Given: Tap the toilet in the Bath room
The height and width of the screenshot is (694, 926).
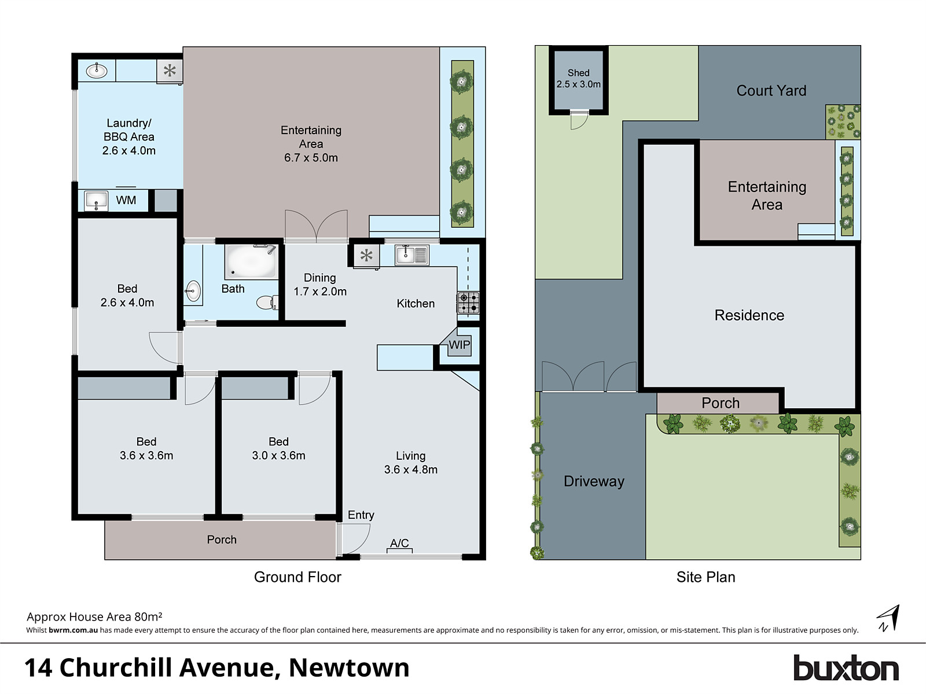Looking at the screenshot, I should (x=268, y=302).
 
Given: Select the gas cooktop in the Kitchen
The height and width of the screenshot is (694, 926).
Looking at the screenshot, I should (x=468, y=302).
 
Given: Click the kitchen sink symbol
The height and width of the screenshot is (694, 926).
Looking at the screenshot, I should (x=412, y=254).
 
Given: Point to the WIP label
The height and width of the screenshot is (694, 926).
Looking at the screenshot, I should (x=460, y=345).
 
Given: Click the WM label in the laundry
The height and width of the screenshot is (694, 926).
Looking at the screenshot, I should (x=126, y=201).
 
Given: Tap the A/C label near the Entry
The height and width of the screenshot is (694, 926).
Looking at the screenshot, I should (x=399, y=543).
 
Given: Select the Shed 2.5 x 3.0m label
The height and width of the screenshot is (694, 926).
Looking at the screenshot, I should (x=578, y=79).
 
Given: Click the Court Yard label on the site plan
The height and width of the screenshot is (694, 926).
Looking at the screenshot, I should (x=771, y=91).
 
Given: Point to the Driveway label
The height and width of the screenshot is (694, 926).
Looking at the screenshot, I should (x=594, y=482).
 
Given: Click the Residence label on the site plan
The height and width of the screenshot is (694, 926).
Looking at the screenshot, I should (x=749, y=315).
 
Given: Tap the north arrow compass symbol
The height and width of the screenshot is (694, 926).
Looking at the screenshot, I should (x=888, y=618).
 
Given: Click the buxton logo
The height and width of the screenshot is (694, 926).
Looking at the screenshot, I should (x=846, y=669).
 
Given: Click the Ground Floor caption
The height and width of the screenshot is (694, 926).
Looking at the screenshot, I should (x=297, y=577).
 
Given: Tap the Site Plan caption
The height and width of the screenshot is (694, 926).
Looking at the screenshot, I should (x=705, y=577).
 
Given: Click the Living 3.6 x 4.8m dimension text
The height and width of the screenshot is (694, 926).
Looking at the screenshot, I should (x=410, y=470).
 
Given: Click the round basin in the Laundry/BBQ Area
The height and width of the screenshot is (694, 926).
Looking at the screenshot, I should (x=96, y=71).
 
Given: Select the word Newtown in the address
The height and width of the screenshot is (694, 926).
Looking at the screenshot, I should (x=349, y=668).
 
